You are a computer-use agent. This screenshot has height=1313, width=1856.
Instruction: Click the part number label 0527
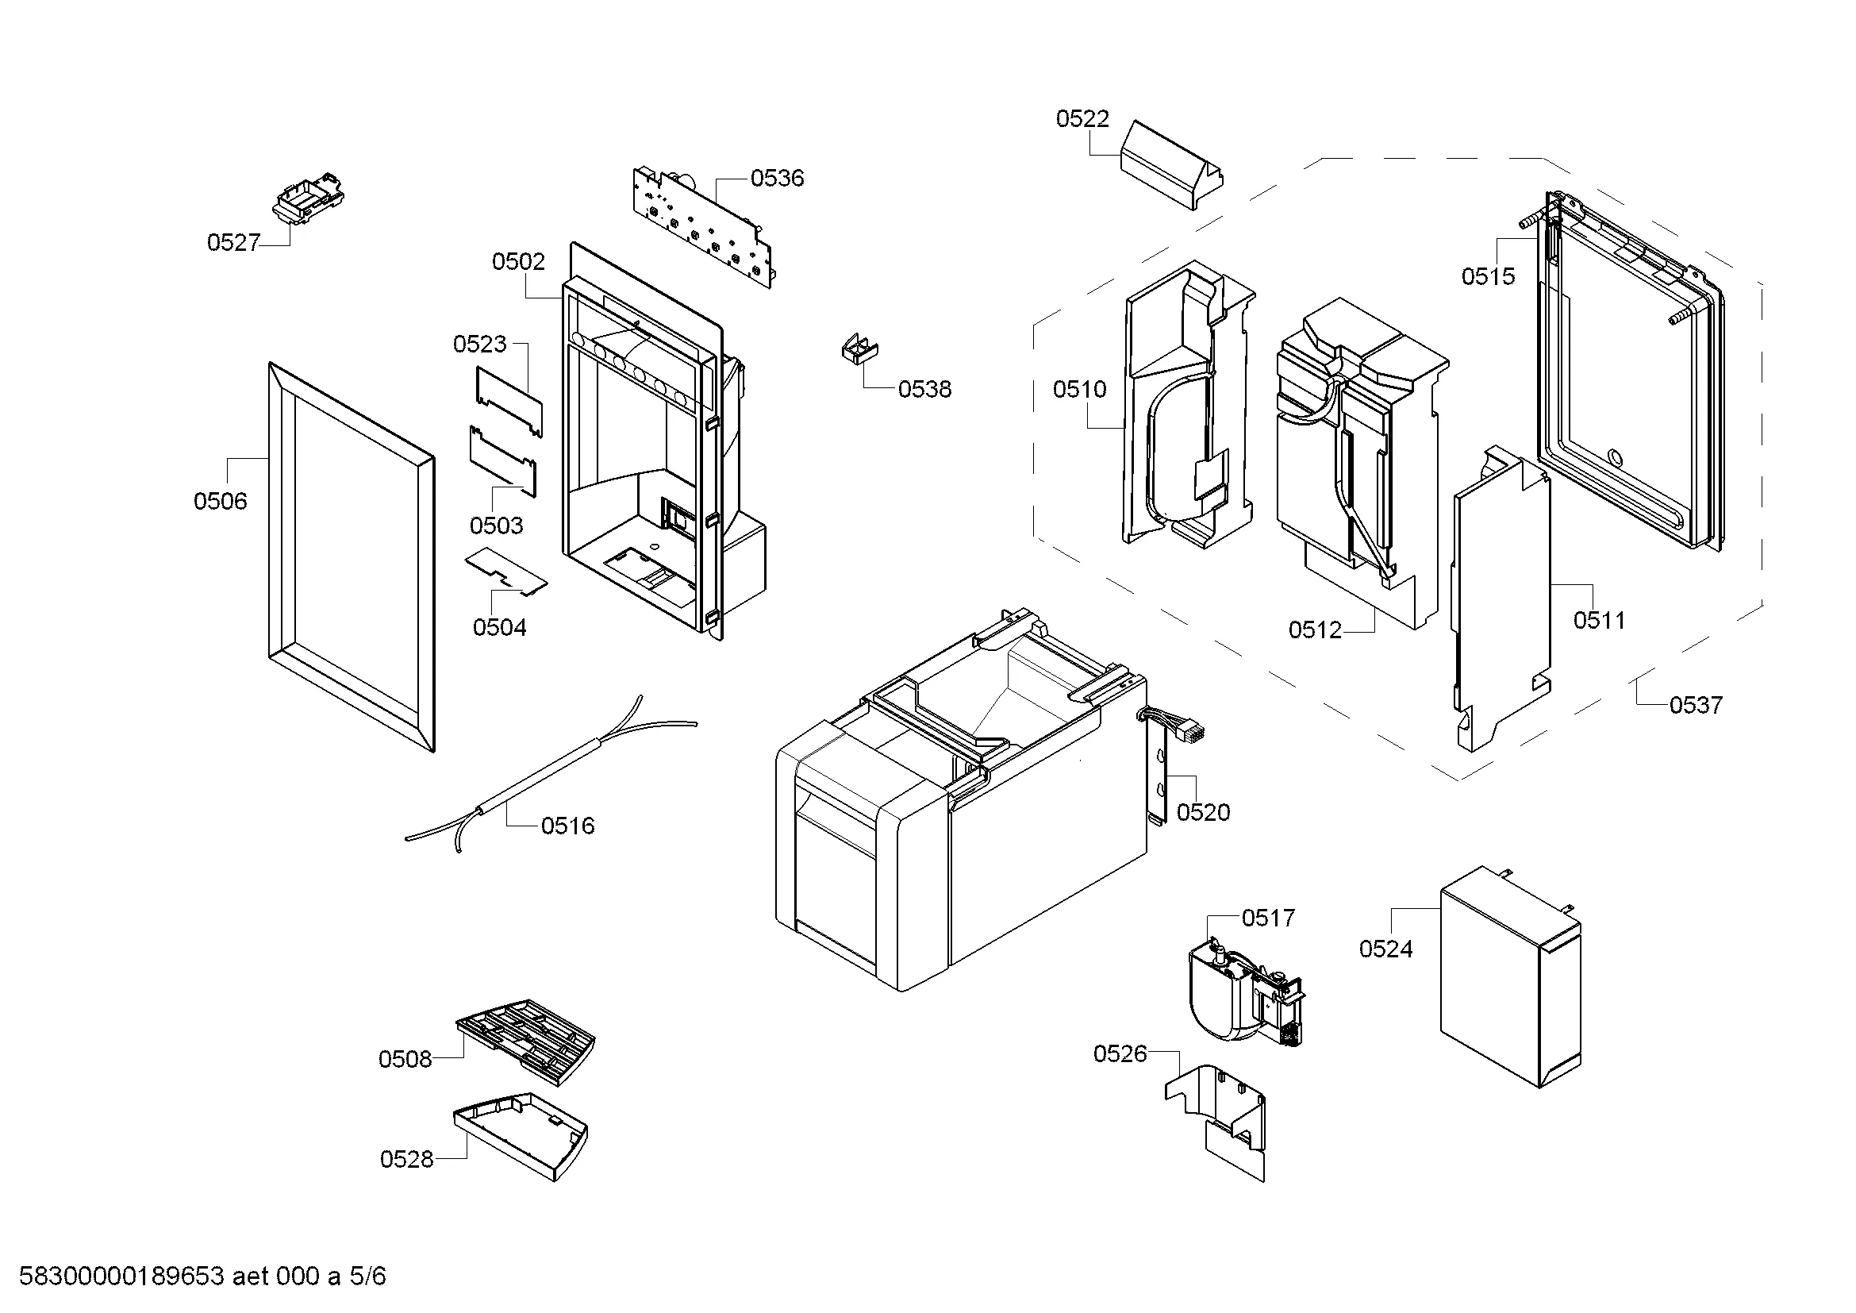tap(233, 243)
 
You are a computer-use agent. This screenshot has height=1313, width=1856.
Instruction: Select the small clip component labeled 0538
tap(859, 350)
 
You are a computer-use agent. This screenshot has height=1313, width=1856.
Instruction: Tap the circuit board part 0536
tap(703, 226)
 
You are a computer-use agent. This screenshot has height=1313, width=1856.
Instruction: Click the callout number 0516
tap(567, 826)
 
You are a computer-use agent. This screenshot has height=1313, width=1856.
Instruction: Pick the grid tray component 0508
tap(525, 1040)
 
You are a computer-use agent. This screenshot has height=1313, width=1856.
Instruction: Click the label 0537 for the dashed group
tap(1696, 705)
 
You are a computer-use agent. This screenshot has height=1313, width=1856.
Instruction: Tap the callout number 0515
tap(1487, 276)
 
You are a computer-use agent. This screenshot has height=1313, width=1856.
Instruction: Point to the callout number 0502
tap(518, 261)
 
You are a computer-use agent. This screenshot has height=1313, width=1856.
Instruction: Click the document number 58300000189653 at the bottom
tap(121, 1276)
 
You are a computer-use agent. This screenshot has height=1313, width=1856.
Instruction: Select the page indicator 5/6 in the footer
tap(368, 1276)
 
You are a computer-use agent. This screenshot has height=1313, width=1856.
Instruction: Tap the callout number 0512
tap(1314, 630)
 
